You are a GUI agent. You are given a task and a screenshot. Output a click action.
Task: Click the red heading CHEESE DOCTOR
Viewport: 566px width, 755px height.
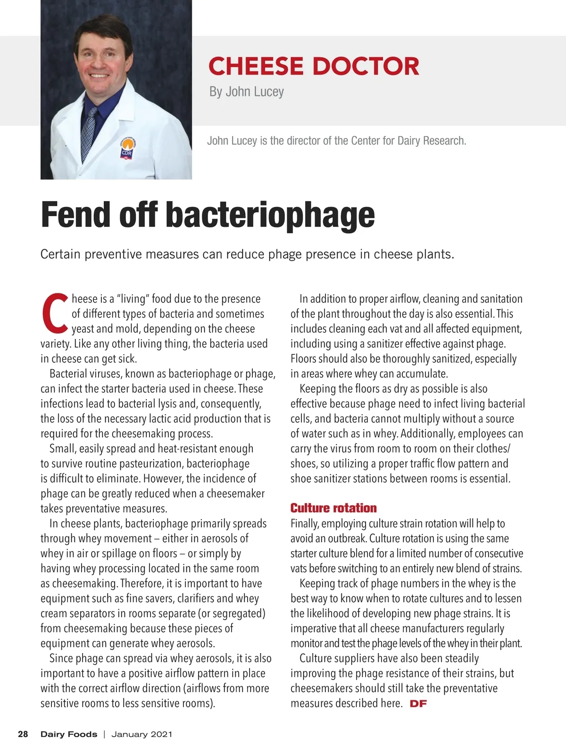click(x=314, y=66)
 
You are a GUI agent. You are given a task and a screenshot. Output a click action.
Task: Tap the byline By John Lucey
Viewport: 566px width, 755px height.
click(x=246, y=92)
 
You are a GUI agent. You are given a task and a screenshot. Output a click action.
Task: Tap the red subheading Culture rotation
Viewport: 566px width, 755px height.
click(x=333, y=508)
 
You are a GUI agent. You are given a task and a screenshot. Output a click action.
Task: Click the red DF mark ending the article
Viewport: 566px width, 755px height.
click(x=418, y=704)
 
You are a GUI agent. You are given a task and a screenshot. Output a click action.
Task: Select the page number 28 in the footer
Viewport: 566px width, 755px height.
click(x=23, y=734)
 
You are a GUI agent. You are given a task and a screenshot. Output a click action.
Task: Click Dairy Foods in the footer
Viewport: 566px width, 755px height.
click(x=69, y=734)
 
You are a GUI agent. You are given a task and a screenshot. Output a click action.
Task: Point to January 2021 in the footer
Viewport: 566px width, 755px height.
click(x=142, y=734)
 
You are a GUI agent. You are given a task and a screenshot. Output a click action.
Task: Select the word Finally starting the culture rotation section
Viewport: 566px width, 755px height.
click(x=305, y=524)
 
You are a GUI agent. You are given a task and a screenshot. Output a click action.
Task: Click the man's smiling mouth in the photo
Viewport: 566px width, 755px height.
click(x=100, y=75)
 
